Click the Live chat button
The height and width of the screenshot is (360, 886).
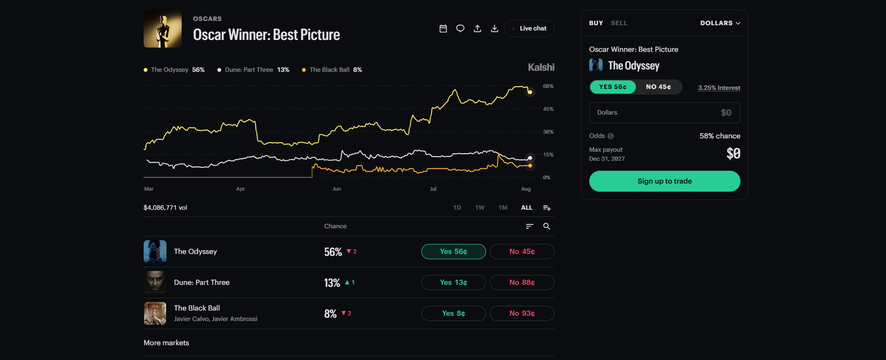tap(529, 29)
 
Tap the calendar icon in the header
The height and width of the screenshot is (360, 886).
tap(443, 29)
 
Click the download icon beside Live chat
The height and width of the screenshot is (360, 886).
tap(495, 29)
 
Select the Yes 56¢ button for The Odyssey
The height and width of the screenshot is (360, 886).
tap(454, 252)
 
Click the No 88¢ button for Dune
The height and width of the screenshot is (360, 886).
tap(522, 282)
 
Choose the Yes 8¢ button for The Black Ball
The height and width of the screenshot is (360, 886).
tap(454, 313)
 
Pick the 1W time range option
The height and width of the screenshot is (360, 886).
tap(479, 208)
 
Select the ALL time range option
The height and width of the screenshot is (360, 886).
tap(527, 208)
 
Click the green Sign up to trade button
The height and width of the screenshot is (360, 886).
tap(665, 181)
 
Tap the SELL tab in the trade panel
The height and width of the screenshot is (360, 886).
tap(619, 23)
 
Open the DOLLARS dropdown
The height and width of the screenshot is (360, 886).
tap(720, 23)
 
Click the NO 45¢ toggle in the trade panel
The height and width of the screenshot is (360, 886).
tap(659, 87)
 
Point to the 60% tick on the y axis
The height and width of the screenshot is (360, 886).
tap(548, 87)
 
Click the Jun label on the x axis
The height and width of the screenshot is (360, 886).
tap(337, 189)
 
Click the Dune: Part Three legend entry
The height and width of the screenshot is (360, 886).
tap(253, 70)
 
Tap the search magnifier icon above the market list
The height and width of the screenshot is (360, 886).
tap(547, 226)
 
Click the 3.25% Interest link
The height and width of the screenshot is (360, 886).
tap(719, 88)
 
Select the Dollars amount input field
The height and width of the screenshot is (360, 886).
tap(665, 113)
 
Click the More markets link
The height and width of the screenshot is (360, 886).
tap(166, 343)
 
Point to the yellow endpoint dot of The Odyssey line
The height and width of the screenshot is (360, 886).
tap(530, 92)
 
